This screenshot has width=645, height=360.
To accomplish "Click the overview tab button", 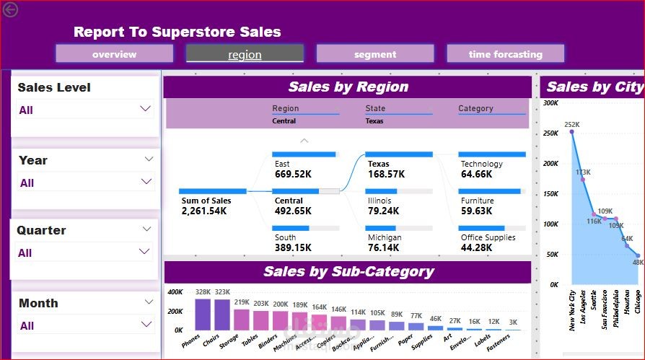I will click(114, 54).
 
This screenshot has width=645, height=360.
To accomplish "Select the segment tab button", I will click(374, 54).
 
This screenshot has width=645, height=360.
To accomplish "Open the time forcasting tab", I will click(505, 54).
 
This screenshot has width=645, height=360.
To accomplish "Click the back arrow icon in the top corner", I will click(10, 9).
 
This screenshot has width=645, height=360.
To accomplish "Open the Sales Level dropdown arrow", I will click(146, 109).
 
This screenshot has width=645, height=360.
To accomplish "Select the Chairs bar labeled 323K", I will click(221, 314).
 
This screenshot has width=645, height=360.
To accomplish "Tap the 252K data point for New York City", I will click(571, 131).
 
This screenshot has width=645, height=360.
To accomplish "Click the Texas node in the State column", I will click(379, 164).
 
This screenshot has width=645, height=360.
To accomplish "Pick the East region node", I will click(282, 164).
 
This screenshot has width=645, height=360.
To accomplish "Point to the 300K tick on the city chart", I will click(551, 103).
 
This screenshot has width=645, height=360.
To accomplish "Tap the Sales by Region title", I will click(348, 87).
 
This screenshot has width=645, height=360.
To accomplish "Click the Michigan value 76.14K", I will click(386, 247).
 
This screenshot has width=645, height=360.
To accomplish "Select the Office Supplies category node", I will click(488, 237).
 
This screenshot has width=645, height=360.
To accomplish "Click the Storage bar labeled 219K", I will click(242, 319).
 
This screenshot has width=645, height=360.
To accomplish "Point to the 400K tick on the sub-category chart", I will click(175, 292).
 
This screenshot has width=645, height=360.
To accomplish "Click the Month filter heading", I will click(38, 303).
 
